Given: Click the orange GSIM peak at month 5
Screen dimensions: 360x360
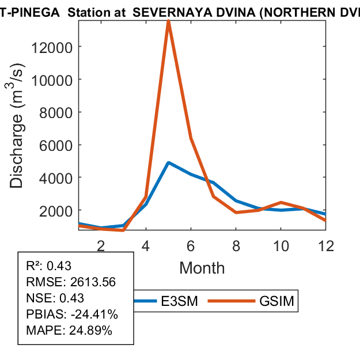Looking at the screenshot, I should (168, 22).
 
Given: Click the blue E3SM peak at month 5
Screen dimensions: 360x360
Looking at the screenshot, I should (168, 162).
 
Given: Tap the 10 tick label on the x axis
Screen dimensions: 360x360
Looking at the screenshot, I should (281, 246).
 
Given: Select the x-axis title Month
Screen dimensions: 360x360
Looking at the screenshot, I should (202, 268).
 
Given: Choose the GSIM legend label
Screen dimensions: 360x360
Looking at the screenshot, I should (277, 301).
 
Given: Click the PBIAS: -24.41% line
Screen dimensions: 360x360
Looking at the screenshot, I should (72, 314).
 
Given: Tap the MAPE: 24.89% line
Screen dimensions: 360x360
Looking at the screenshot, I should (69, 331).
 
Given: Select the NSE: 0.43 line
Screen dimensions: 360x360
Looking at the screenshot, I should (55, 298).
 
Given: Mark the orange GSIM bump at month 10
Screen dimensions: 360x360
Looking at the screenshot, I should (281, 202).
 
